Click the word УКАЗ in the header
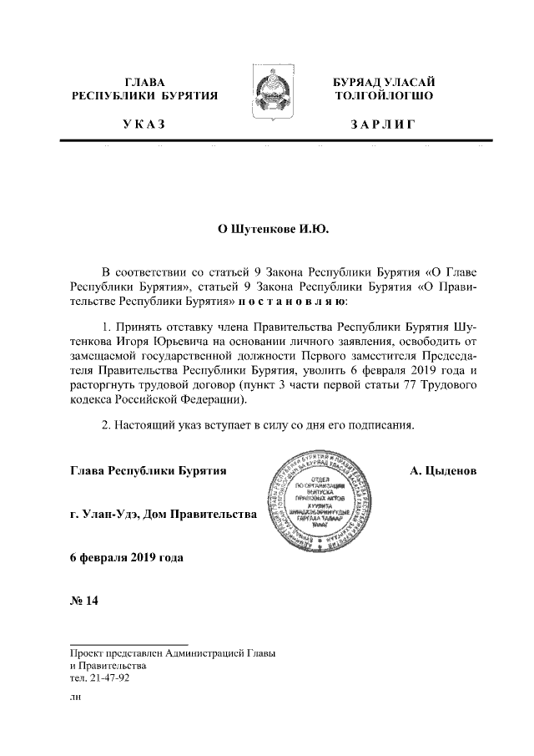coord(144,124)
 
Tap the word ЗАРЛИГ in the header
coord(384,124)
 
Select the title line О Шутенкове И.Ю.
coord(268,228)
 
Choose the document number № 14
coord(84,603)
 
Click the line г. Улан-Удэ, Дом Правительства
coord(164,514)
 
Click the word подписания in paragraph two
coord(384,424)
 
